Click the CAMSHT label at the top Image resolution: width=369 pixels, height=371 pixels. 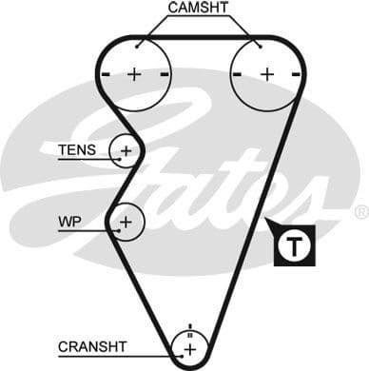coord(198,9)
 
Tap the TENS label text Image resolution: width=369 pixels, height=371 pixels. coord(76,149)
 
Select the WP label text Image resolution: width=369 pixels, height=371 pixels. coord(69,220)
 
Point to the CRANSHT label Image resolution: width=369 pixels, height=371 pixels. coord(91,346)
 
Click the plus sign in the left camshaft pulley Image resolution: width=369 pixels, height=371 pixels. coord(134,73)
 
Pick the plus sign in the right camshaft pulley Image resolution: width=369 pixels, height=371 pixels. coord(266,73)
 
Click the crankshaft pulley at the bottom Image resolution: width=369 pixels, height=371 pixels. coord(190,349)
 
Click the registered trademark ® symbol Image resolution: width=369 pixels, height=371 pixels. coord(360,211)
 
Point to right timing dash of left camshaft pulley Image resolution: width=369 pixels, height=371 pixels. coord(165,73)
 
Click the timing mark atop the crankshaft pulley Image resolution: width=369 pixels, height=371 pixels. coord(190,328)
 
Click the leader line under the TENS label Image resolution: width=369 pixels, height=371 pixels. coord(86,159)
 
